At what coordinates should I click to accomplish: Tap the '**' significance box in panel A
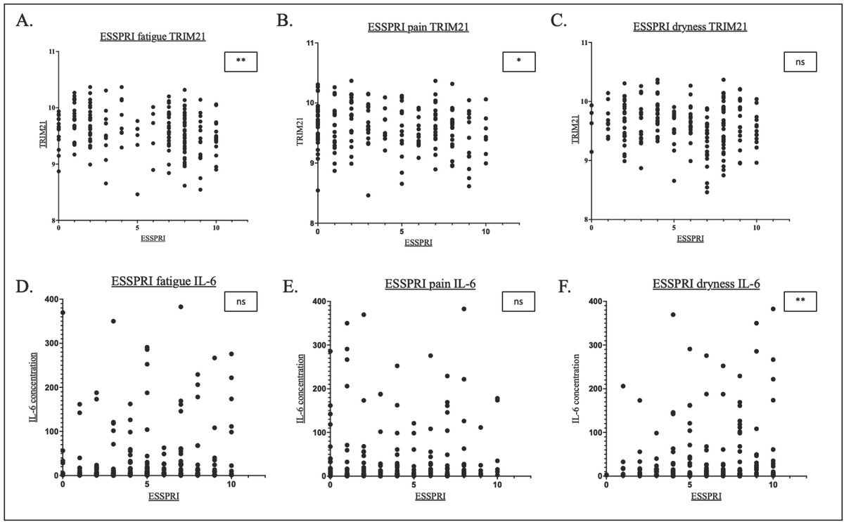241,62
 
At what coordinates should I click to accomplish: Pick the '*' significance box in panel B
518,62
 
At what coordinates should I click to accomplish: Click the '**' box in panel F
800,302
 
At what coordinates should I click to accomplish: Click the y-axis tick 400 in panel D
48,300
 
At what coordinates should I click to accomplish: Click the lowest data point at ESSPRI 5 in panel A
138,195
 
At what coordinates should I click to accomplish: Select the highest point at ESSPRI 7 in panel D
181,307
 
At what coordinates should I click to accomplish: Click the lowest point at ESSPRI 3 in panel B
368,195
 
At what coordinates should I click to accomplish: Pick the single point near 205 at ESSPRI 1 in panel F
622,386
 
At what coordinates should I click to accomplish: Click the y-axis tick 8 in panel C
585,220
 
